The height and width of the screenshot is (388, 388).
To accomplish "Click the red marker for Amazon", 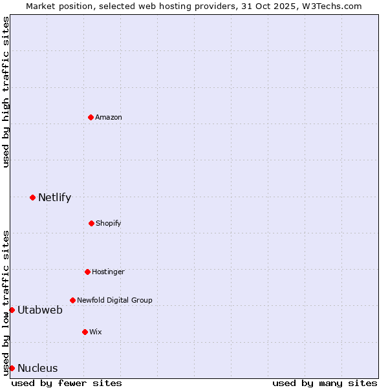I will (x=91, y=117).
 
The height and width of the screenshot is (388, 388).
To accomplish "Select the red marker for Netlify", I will (x=32, y=197).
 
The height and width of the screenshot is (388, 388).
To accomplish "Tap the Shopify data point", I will (x=91, y=223).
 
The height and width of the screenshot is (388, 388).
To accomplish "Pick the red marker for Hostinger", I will (x=87, y=272).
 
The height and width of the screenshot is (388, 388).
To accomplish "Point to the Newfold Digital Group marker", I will (x=72, y=300).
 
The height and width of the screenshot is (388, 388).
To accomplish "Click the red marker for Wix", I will (x=85, y=332).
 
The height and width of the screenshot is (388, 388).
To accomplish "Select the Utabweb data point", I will (x=12, y=310).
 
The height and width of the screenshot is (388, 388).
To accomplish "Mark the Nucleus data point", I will (x=12, y=368).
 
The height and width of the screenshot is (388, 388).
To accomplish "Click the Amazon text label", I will (x=109, y=117).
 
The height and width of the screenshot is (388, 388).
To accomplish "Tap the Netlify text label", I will (x=54, y=197).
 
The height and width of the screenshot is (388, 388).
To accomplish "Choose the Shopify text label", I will (x=109, y=223).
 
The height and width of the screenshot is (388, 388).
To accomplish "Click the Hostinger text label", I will (x=108, y=272).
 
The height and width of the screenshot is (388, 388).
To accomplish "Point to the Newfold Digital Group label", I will (x=114, y=300).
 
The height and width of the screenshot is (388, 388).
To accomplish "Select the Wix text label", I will (x=96, y=332).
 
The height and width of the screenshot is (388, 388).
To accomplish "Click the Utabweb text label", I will (x=40, y=310).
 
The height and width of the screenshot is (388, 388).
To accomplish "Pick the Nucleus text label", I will (x=38, y=368).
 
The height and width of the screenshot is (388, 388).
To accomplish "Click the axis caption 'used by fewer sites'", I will (x=67, y=383).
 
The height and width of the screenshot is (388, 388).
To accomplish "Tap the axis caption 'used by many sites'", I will (x=325, y=383).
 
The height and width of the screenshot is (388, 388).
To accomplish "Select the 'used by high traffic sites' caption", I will (x=6, y=92).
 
